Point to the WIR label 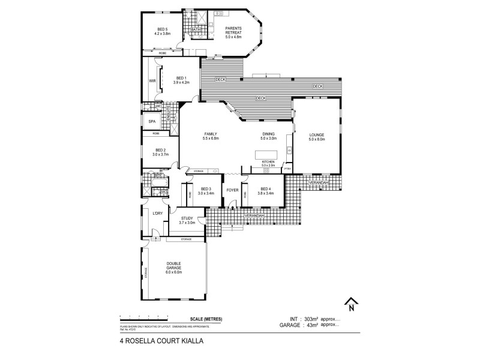[x=152, y=80]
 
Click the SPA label [x=152, y=122]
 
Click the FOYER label [x=233, y=190]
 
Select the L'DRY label [x=158, y=214]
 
